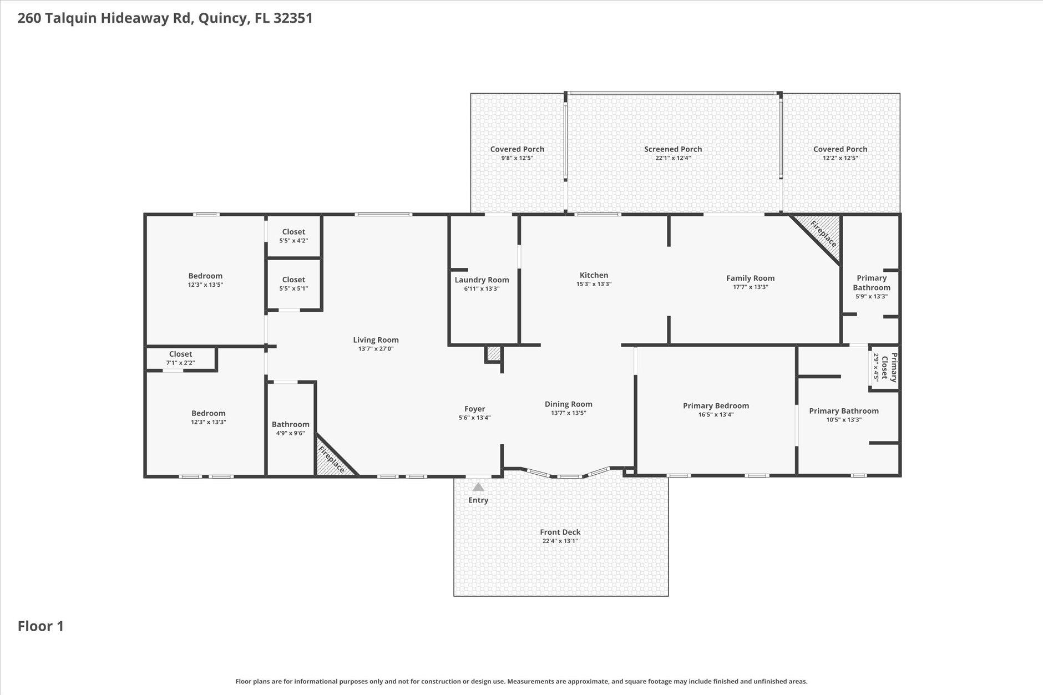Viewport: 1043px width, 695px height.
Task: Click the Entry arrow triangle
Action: point(478,487)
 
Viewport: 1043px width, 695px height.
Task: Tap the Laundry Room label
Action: point(482,280)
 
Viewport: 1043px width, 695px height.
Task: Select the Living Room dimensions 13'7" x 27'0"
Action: point(376,349)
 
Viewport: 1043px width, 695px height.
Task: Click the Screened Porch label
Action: point(672,149)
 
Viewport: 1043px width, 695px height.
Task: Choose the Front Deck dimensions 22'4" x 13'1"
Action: point(560,541)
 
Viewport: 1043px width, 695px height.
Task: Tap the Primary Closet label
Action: point(893,367)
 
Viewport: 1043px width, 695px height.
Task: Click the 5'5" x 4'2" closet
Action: point(293,236)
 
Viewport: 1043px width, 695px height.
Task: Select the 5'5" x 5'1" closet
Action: point(293,283)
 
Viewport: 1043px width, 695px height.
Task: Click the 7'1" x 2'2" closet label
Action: point(180,354)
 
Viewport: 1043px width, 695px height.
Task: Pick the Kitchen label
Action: point(594,275)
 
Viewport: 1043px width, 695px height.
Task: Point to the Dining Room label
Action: point(568,404)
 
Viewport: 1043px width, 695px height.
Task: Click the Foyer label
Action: point(474,409)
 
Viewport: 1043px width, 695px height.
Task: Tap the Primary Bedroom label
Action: point(716,405)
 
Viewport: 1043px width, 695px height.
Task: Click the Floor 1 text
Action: point(40,626)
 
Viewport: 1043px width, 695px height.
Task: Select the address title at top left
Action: point(165,18)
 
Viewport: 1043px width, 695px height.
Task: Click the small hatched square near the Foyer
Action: point(493,353)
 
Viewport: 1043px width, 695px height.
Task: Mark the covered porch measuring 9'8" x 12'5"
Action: point(517,153)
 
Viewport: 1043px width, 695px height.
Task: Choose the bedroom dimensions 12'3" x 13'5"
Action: point(205,285)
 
